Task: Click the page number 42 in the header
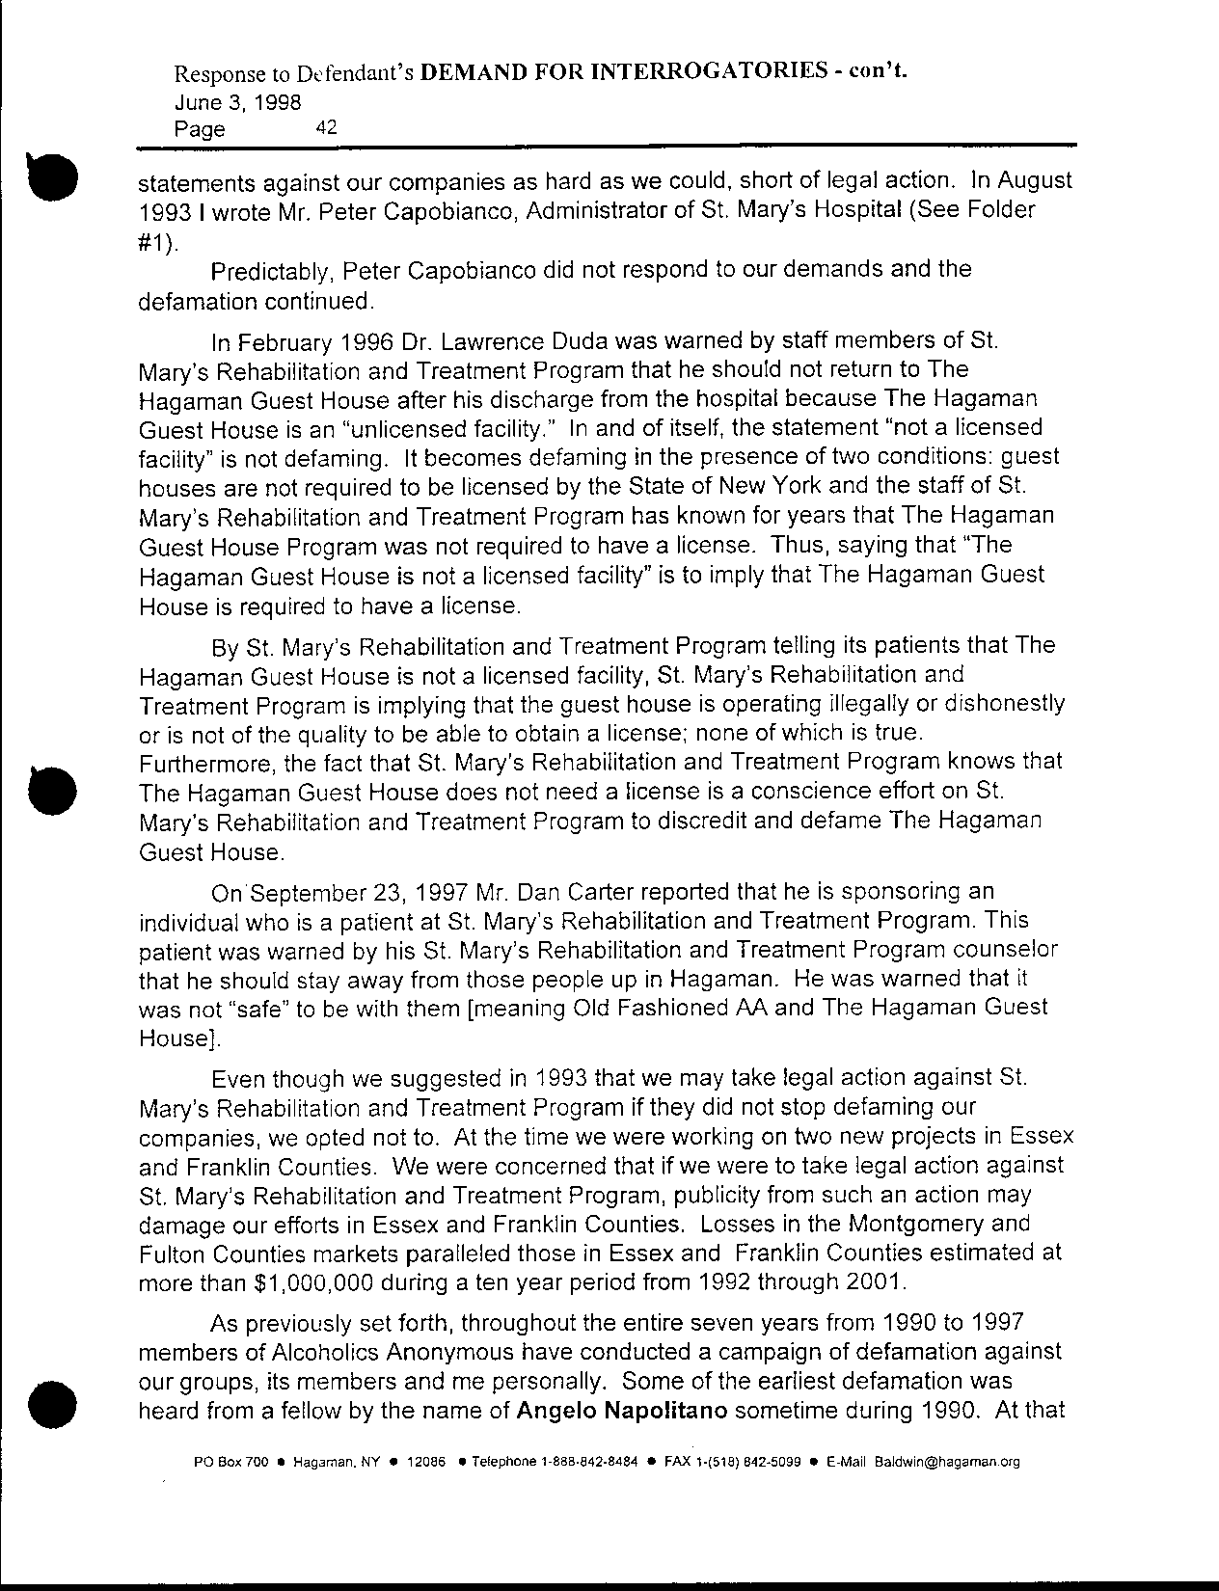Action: (x=325, y=126)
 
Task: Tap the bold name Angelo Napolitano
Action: (x=627, y=1413)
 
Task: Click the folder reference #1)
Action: (x=158, y=239)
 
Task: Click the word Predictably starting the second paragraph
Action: (x=267, y=269)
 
